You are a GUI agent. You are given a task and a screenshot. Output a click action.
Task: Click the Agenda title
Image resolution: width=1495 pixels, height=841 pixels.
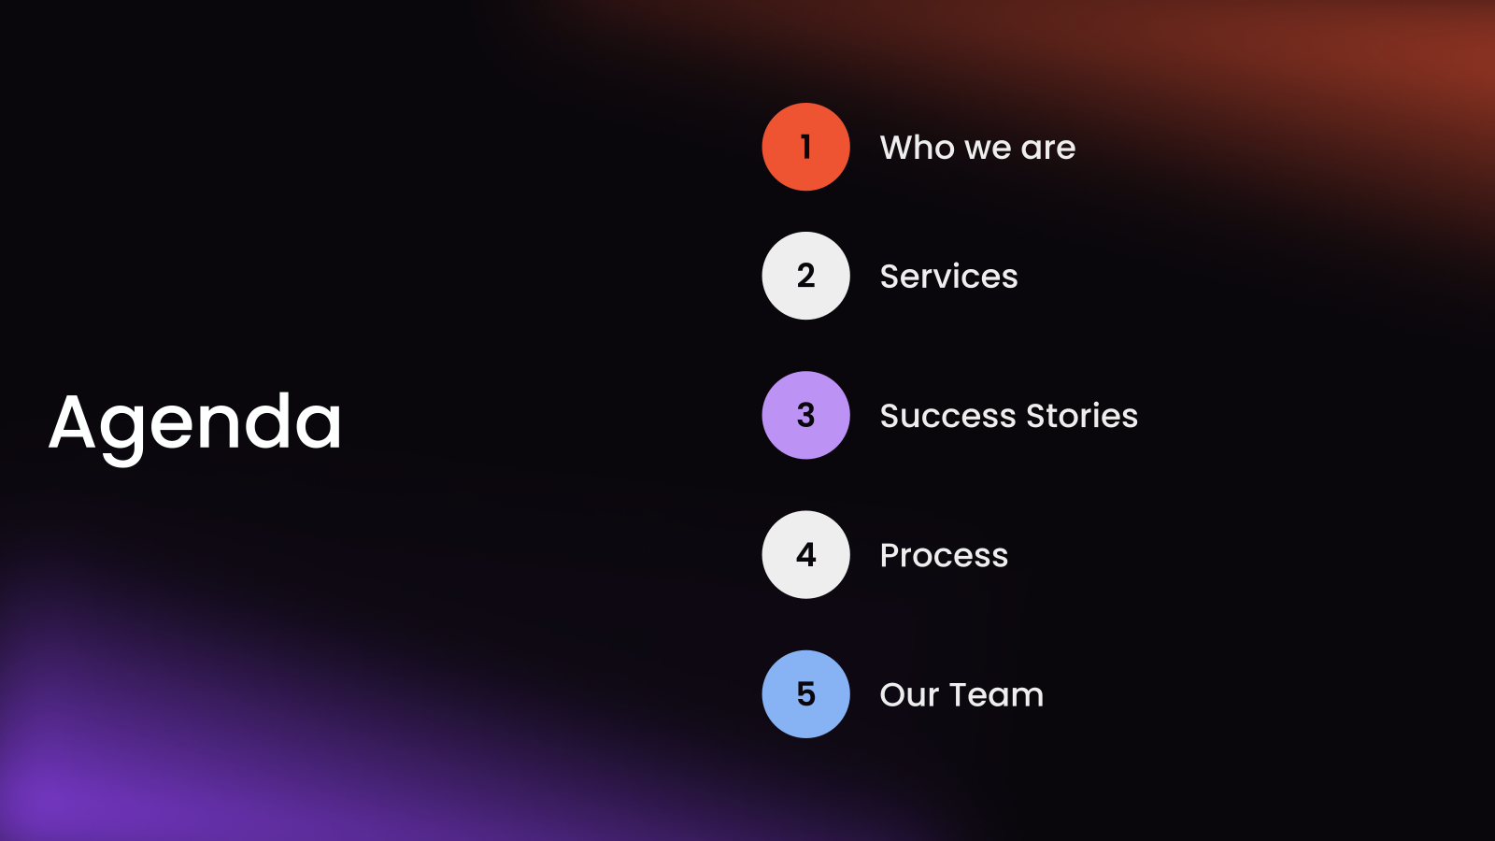pyautogui.click(x=195, y=422)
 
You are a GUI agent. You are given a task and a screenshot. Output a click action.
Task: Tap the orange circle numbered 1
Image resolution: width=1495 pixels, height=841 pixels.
pyautogui.click(x=805, y=147)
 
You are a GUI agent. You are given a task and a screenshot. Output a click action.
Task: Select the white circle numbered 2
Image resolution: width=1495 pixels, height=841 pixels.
pyautogui.click(x=805, y=276)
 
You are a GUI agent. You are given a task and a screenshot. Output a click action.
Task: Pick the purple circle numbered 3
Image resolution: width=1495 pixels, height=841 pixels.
pyautogui.click(x=805, y=415)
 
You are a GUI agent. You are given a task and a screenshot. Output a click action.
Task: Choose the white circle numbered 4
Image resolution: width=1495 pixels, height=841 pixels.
pyautogui.click(x=805, y=554)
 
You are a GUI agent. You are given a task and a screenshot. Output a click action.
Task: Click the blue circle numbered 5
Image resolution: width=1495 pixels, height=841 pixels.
pyautogui.click(x=805, y=694)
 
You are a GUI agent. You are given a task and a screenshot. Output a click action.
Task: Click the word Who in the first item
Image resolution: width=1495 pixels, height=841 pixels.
pyautogui.click(x=918, y=148)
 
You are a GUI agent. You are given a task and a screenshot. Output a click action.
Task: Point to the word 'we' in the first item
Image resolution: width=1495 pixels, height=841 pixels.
pyautogui.click(x=988, y=150)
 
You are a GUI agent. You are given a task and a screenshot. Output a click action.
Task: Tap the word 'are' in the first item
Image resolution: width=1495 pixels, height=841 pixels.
pyautogui.click(x=1048, y=150)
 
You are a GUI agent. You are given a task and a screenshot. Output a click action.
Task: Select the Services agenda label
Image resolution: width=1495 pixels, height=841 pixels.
pyautogui.click(x=948, y=277)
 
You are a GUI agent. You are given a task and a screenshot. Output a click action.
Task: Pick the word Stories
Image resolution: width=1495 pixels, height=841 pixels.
pyautogui.click(x=1082, y=416)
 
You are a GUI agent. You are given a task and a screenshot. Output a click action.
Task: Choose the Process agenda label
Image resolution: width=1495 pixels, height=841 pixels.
pyautogui.click(x=944, y=556)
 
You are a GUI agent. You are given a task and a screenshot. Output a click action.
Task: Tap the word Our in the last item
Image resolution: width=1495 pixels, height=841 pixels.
pyautogui.click(x=909, y=695)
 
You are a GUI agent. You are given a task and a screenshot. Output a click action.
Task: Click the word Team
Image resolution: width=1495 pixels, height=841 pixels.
pyautogui.click(x=996, y=695)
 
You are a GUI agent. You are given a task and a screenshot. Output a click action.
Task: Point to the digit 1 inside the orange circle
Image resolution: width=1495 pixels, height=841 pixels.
pyautogui.click(x=805, y=147)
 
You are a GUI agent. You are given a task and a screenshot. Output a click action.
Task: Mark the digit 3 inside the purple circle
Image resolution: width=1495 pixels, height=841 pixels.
pyautogui.click(x=805, y=415)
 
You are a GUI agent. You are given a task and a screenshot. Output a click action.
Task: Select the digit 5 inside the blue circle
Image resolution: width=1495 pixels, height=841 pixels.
pyautogui.click(x=805, y=694)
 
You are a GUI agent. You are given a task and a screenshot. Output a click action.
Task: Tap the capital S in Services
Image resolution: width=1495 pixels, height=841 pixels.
pyautogui.click(x=890, y=277)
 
